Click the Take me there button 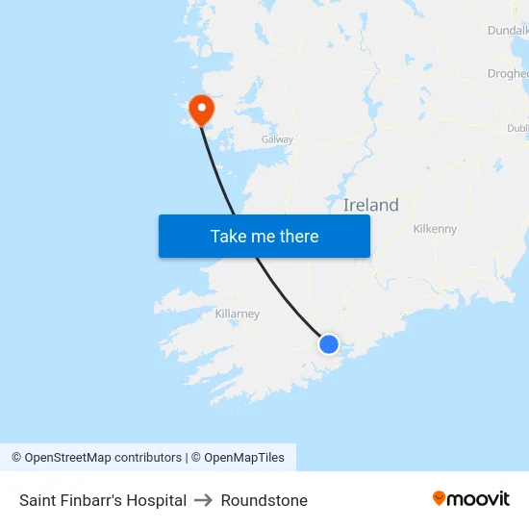pos(264,236)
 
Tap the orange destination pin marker pos(201,109)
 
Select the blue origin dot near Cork pos(329,343)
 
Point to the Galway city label pos(277,139)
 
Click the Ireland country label pos(370,205)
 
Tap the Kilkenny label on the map pos(435,229)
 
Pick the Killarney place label pos(237,314)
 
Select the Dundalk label pos(508,31)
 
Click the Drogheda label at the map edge pos(509,73)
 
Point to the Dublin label pos(517,128)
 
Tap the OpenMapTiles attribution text pos(244,458)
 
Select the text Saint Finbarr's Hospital pos(103,500)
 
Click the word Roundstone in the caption pos(264,500)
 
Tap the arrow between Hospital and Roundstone pos(204,500)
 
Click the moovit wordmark pos(479,498)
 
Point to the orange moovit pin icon pos(440,498)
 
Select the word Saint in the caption pos(37,500)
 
